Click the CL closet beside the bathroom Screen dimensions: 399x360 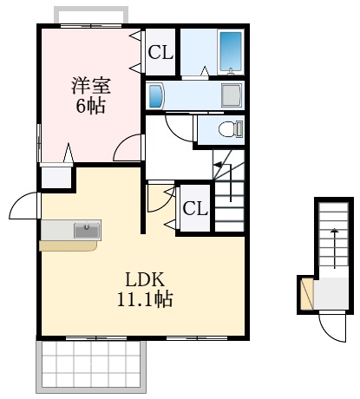[160, 53]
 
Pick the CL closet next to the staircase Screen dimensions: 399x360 [194, 208]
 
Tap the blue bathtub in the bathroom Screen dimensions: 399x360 [230, 52]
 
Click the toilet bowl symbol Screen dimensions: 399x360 [229, 129]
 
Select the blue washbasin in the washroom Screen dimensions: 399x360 [156, 95]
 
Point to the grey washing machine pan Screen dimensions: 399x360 [232, 95]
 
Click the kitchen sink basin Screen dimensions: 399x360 [86, 230]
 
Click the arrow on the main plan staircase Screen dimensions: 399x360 [219, 165]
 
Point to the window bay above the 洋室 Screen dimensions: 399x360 [91, 16]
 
